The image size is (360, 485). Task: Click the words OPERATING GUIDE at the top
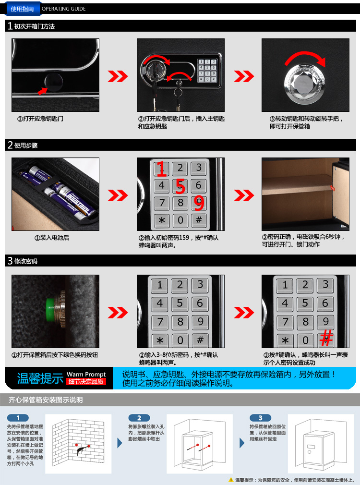tap(64, 9)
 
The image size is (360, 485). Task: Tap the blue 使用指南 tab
tap(22, 9)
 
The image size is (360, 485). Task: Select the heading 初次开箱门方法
tap(35, 26)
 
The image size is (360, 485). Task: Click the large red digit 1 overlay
tap(161, 169)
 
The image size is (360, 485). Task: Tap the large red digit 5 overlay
tap(180, 186)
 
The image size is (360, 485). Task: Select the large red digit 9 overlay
tap(200, 204)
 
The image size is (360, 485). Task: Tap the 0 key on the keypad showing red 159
tap(180, 220)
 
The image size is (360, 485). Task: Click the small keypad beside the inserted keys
tap(207, 71)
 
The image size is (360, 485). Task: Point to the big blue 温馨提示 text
tap(40, 378)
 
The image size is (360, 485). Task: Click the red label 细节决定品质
tap(86, 381)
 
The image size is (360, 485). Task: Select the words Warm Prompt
tap(86, 374)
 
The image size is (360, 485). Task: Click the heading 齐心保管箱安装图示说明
tap(46, 400)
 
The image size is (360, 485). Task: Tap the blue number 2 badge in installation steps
tap(139, 418)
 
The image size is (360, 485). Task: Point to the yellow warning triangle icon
tap(231, 480)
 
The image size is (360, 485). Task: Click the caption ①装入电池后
tap(51, 238)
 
